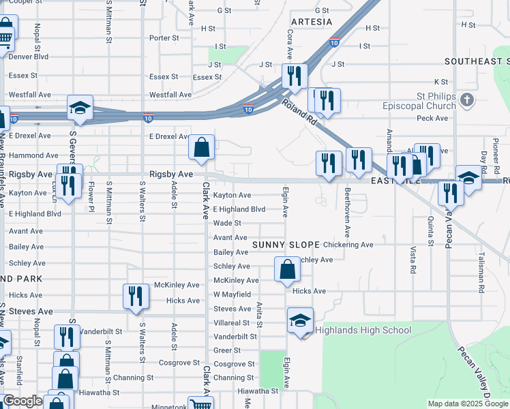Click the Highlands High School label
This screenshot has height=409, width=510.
click(x=363, y=331)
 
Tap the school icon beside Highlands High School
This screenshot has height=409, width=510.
click(x=300, y=320)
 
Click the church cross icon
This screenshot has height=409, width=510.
click(x=467, y=101)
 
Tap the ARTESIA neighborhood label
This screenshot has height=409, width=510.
click(x=312, y=22)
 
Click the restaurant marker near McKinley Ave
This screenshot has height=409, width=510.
click(x=136, y=296)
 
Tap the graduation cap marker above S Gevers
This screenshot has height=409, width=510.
click(x=80, y=108)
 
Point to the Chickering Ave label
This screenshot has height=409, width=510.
click(x=348, y=245)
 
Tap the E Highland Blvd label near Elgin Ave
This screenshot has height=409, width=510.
click(x=239, y=209)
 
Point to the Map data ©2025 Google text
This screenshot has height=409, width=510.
click(x=467, y=404)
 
